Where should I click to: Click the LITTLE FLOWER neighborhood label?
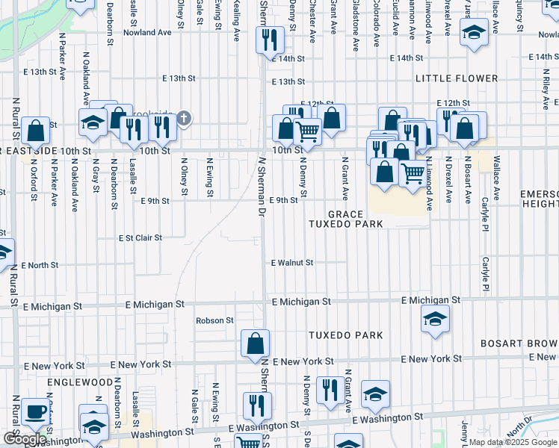click(457, 78)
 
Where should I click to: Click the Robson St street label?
click(214, 320)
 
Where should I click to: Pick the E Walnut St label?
click(291, 263)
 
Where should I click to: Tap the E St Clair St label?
click(140, 238)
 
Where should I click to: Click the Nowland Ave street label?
click(147, 33)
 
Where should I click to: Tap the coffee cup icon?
click(35, 411)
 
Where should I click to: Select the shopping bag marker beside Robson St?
click(255, 343)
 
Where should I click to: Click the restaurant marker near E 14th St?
click(269, 40)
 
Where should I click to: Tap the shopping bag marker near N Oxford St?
click(35, 131)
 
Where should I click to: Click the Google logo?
click(25, 439)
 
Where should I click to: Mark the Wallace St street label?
click(495, 177)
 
